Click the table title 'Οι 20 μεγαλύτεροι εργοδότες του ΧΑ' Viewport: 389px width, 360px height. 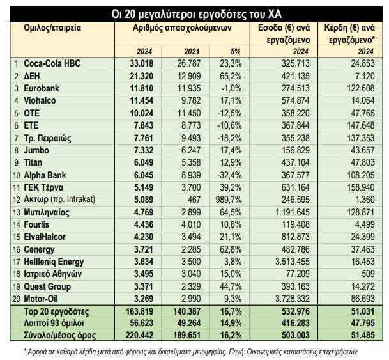pos(194,12)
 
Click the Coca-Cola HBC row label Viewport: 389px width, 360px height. pos(49,64)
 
